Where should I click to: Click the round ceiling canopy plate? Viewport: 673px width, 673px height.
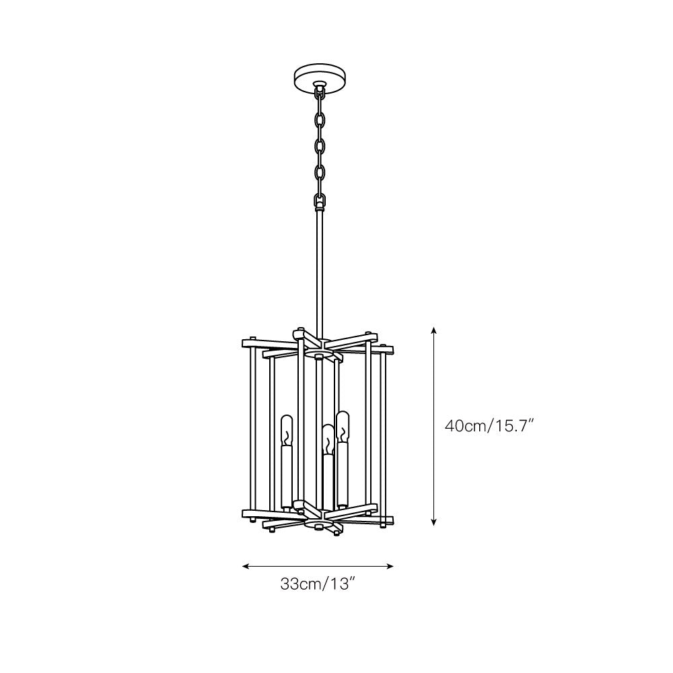[320, 77]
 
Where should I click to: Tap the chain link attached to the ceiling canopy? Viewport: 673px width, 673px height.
[319, 92]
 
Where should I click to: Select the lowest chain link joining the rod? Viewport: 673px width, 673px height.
[319, 201]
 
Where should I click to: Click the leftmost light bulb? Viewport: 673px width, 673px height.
[287, 430]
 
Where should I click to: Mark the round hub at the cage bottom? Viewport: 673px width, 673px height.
[319, 524]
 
